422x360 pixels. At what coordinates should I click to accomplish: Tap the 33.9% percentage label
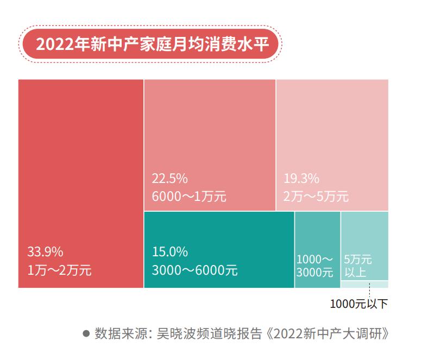(x=45, y=252)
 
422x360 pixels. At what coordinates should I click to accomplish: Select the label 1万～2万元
(x=59, y=270)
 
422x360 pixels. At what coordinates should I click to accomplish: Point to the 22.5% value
(x=169, y=178)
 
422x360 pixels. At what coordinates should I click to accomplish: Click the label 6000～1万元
(x=189, y=196)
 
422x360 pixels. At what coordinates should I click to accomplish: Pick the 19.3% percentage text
(x=301, y=178)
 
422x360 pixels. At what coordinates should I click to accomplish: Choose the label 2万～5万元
(x=316, y=196)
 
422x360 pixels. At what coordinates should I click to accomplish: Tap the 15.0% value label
(x=169, y=252)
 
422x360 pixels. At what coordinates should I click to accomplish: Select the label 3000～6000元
(x=194, y=270)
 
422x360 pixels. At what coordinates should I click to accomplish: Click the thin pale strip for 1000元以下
(x=364, y=284)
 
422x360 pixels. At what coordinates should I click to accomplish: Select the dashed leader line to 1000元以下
(x=369, y=290)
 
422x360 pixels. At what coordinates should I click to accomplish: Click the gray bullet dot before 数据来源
(x=86, y=333)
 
